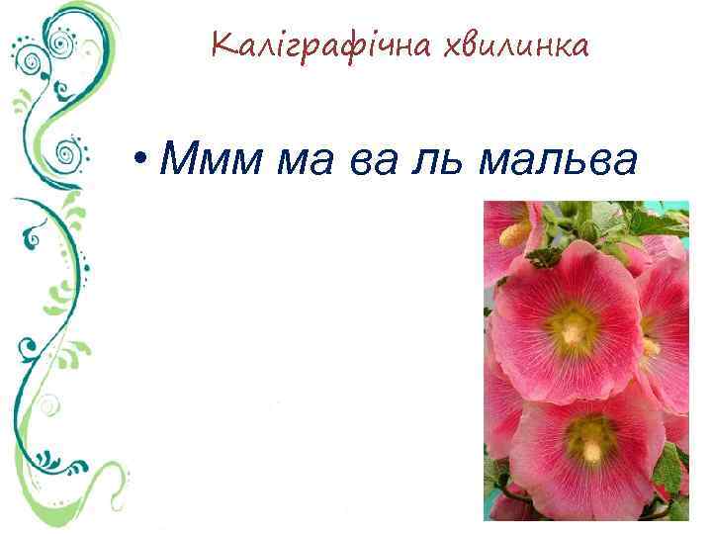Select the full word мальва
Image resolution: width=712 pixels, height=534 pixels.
pyautogui.click(x=555, y=157)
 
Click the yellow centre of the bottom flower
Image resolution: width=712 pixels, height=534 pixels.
pyautogui.click(x=590, y=440)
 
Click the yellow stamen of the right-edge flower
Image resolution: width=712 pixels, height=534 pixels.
pyautogui.click(x=650, y=346)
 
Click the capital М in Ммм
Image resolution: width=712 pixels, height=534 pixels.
pyautogui.click(x=178, y=157)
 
